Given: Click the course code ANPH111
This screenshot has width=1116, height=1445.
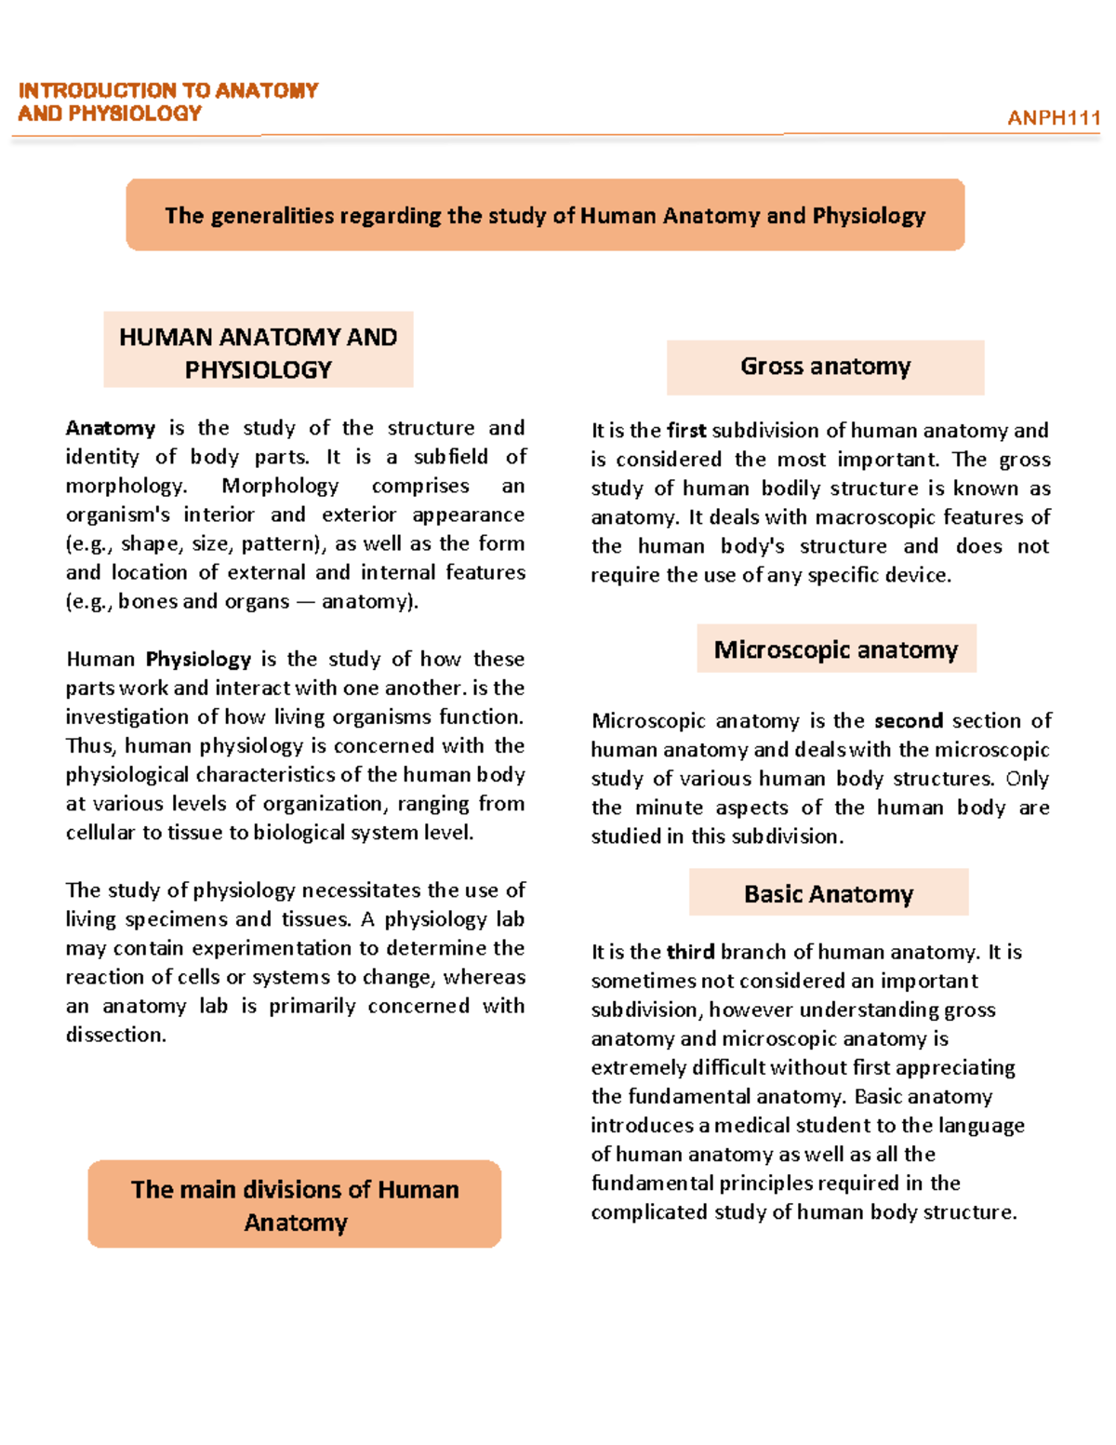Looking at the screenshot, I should pos(1053,118).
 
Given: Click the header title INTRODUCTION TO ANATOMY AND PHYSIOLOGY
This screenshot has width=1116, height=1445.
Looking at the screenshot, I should pos(167,101).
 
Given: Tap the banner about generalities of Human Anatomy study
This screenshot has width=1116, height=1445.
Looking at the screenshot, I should pos(545,215).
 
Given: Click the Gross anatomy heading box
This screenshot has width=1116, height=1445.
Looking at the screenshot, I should pos(825,367).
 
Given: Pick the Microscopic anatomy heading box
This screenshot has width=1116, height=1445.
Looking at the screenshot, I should pos(835,649).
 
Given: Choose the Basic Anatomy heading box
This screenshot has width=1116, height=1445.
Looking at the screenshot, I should pos(828,894).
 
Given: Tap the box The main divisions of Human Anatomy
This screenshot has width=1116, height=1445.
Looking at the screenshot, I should pos(295,1205).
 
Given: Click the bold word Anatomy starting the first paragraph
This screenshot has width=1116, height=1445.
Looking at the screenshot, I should pos(110,428).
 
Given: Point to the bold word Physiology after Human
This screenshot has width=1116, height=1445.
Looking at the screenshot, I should pos(198,660).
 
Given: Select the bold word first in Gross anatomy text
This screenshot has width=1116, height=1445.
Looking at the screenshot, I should pos(686,431).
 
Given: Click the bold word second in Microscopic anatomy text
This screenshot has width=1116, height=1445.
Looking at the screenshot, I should pos(909,721).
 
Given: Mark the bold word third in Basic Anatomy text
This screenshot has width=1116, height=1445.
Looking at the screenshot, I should pos(690,952).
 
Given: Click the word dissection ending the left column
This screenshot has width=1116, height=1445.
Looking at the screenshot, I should pos(114,1035).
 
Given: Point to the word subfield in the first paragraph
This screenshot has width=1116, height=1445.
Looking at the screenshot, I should pos(451,457).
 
